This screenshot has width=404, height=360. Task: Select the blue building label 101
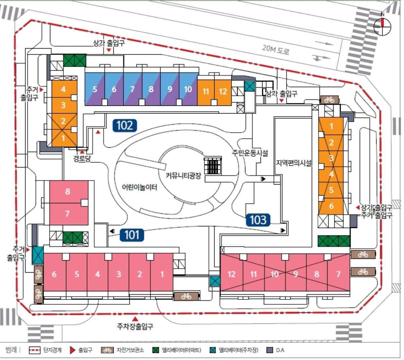132,235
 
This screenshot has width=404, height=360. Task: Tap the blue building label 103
258,220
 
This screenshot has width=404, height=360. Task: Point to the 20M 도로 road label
276,50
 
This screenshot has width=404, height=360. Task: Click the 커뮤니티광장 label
183,175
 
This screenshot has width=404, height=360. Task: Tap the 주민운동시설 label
250,153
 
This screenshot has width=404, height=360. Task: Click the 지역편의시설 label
294,163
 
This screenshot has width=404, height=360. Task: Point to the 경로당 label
82,159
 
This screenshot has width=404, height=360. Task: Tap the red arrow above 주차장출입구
135,318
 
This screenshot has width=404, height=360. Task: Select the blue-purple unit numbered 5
95,89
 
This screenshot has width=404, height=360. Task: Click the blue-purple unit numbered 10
188,89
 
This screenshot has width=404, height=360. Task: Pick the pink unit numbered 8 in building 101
68,192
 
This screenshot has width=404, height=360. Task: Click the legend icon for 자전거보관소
107,350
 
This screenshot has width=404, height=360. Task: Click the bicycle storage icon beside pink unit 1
186,296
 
